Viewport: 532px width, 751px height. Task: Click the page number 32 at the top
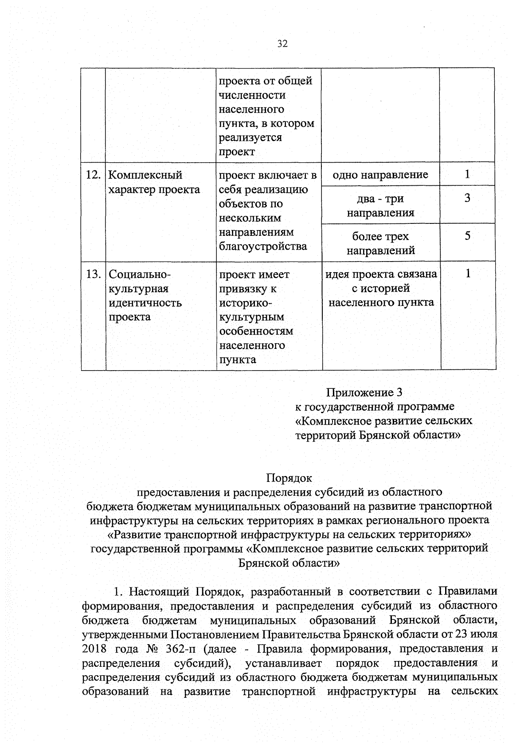click(x=282, y=44)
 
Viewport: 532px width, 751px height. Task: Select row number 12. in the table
click(x=93, y=175)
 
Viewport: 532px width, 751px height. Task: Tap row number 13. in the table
click(x=93, y=274)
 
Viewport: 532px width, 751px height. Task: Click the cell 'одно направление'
click(x=380, y=175)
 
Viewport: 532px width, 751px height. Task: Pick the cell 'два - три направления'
click(x=380, y=206)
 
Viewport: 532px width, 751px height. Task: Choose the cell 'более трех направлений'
click(x=380, y=243)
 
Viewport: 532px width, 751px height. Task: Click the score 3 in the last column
click(x=467, y=198)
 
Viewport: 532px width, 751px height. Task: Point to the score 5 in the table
click(x=467, y=236)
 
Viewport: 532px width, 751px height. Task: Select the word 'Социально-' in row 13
click(x=140, y=274)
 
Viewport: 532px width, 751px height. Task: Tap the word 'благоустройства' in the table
click(x=263, y=246)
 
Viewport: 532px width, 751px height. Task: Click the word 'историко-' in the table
click(x=246, y=303)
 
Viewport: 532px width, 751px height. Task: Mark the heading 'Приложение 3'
click(x=364, y=392)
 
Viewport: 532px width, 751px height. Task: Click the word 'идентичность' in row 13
click(x=145, y=303)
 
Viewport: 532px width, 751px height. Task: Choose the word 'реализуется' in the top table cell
click(x=250, y=137)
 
